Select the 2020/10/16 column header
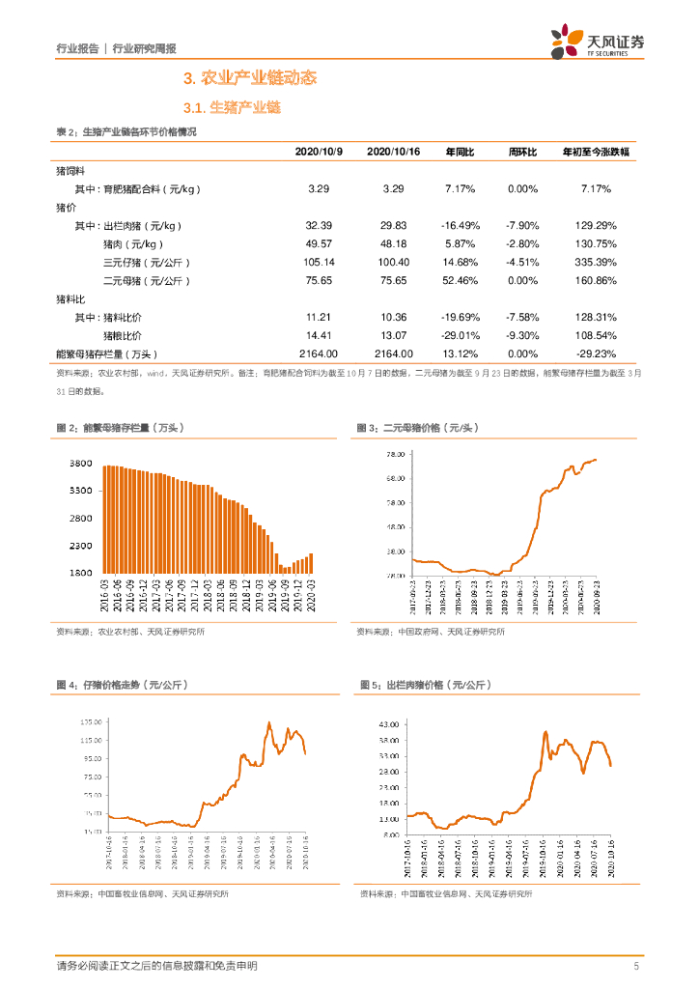[392, 153]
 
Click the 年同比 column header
[461, 153]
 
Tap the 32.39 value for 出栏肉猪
[319, 225]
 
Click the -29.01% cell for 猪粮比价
[461, 335]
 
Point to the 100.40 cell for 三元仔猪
[393, 262]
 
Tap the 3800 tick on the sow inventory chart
[80, 465]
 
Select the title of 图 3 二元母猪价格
[418, 427]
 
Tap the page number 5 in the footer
[636, 966]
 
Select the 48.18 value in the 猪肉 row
[393, 243]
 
